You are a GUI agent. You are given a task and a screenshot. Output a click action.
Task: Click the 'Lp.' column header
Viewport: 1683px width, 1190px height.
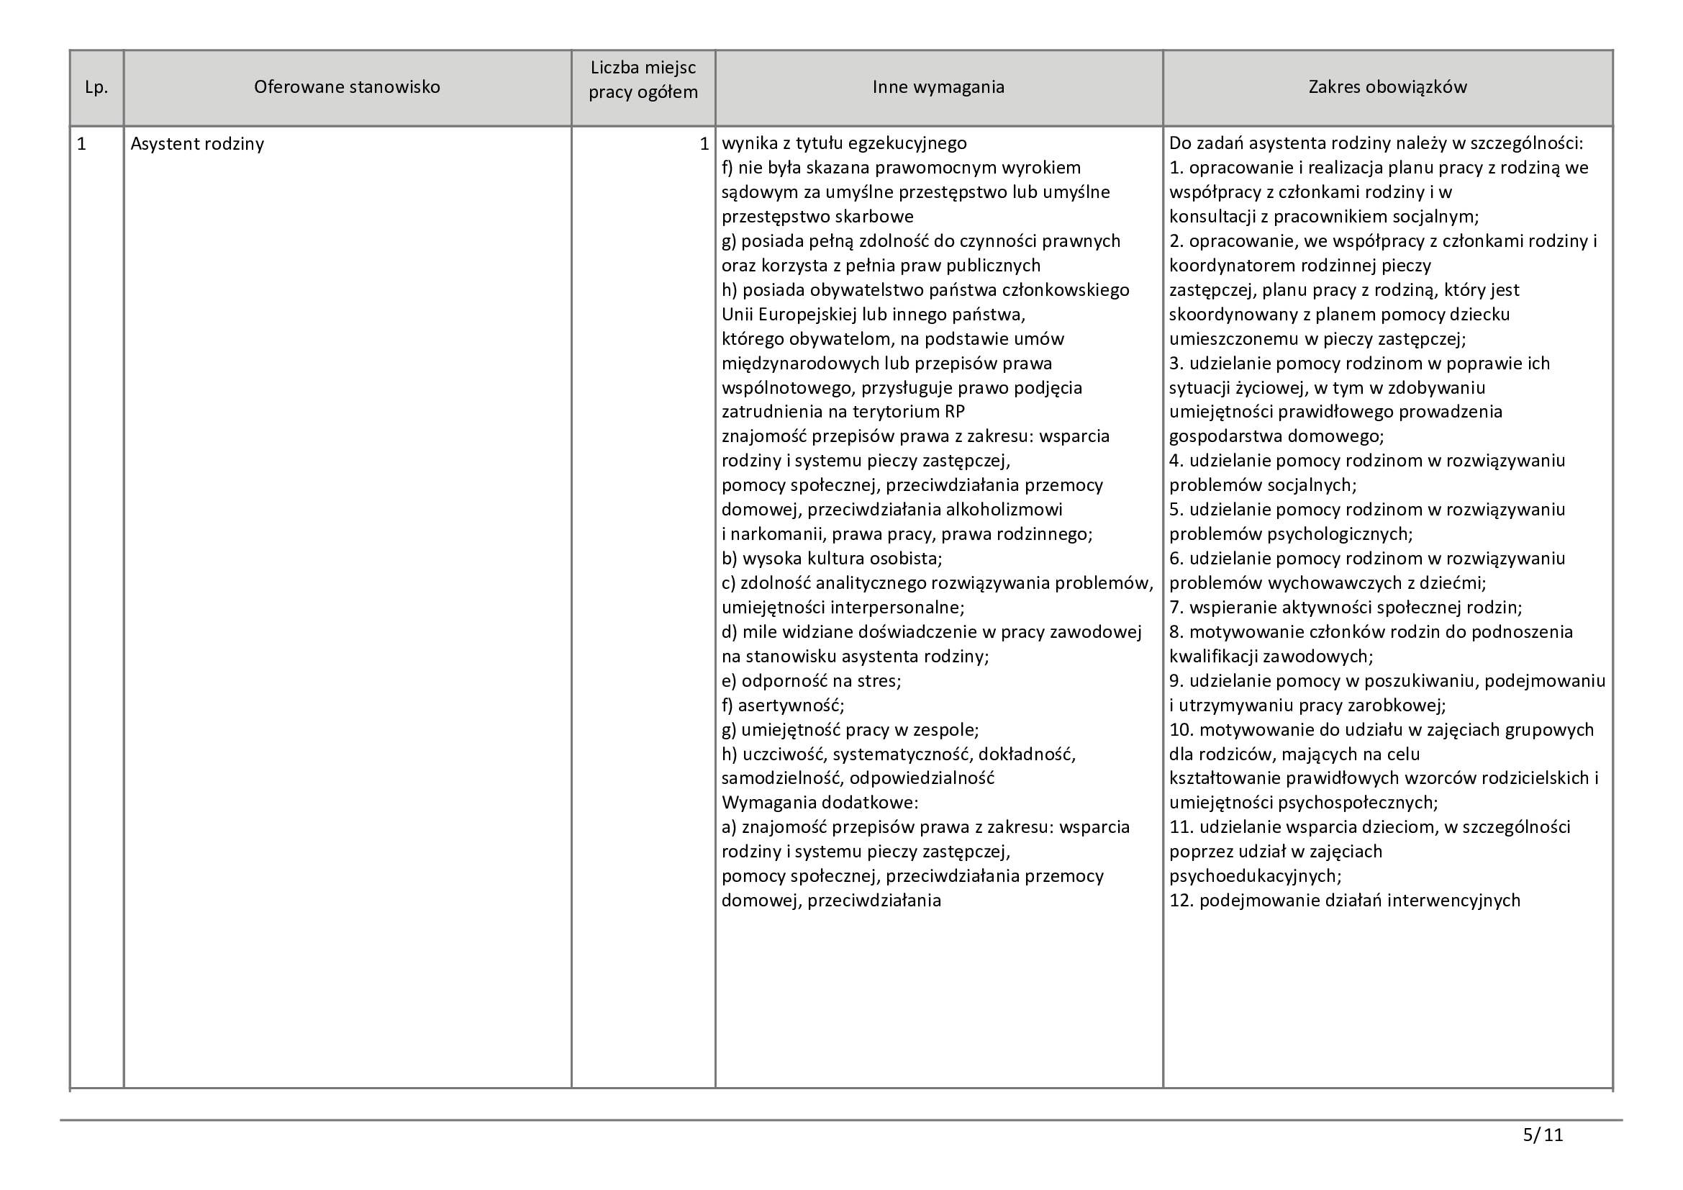(96, 87)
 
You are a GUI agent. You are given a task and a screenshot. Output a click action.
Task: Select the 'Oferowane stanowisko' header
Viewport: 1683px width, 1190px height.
(347, 87)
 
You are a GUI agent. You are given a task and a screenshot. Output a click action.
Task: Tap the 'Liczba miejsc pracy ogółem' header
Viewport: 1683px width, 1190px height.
(643, 80)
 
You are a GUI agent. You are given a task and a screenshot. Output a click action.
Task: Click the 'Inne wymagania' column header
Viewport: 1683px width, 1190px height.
(938, 87)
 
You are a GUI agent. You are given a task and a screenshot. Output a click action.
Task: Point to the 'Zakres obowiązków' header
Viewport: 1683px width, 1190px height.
(1387, 87)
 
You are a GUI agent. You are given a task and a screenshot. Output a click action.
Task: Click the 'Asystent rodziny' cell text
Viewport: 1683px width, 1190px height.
(197, 144)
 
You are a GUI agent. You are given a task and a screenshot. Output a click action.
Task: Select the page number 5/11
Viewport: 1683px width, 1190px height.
(1543, 1135)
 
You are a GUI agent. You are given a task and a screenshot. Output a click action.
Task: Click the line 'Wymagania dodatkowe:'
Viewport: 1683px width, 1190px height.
(820, 802)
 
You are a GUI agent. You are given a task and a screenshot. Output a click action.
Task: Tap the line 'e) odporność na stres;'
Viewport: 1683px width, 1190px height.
(812, 680)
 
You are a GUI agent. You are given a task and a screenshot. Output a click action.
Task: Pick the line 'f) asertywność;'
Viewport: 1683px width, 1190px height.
(783, 706)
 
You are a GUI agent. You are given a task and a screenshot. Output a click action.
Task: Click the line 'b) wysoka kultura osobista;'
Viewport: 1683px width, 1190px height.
(832, 559)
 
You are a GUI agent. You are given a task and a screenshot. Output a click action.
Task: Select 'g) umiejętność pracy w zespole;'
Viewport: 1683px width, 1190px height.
(850, 729)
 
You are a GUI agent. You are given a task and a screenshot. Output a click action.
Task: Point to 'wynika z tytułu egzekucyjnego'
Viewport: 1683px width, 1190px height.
(844, 144)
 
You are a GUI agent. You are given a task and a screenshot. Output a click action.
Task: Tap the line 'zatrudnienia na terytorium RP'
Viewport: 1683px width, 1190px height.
(843, 412)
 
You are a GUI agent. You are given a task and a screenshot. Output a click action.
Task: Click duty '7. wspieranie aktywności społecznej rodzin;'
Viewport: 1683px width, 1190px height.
(1345, 608)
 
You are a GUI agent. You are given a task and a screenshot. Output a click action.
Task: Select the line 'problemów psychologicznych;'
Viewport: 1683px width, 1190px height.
(1291, 533)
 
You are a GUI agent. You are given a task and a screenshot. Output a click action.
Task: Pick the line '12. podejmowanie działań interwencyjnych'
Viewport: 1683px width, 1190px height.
(1344, 901)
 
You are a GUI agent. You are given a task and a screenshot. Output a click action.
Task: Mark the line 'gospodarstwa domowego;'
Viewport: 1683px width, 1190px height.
(1276, 436)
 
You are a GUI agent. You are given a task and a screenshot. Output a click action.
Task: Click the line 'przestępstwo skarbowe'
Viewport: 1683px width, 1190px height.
(817, 216)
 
